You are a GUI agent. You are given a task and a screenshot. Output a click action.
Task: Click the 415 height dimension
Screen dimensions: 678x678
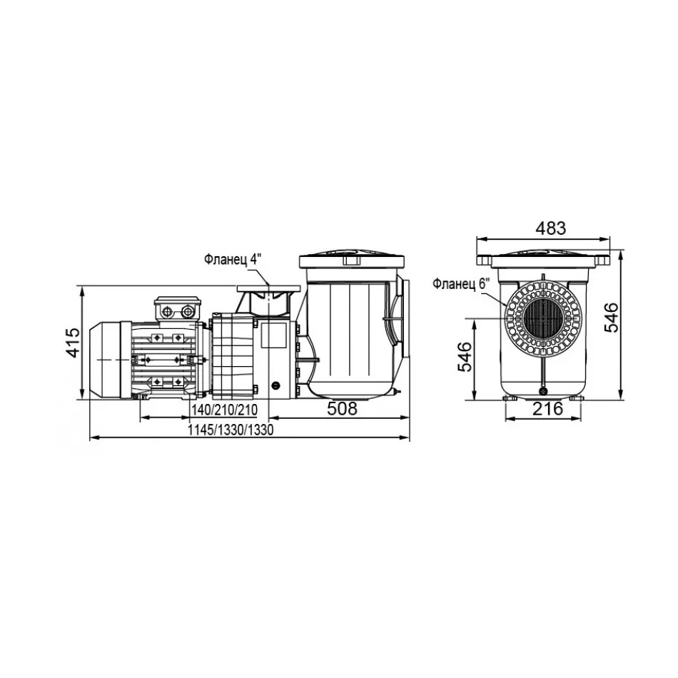[x=73, y=343]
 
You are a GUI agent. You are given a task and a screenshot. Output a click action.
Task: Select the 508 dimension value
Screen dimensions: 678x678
[x=342, y=409]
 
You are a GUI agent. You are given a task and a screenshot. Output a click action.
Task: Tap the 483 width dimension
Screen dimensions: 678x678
[x=550, y=228]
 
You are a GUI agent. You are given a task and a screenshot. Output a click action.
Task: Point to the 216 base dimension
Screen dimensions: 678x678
[x=547, y=409]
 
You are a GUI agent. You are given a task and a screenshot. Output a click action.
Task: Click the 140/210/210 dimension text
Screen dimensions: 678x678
[x=224, y=410]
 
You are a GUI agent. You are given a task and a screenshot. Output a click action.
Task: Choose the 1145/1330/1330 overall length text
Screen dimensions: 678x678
[x=231, y=430]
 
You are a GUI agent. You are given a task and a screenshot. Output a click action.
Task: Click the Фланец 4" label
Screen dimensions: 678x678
[x=233, y=260]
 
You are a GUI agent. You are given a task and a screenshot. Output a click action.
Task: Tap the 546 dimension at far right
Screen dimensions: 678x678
[x=611, y=318]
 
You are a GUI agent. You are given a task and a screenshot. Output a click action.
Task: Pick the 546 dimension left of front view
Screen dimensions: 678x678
[x=465, y=357]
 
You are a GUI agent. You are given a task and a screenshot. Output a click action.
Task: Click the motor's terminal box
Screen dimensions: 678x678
[x=178, y=309]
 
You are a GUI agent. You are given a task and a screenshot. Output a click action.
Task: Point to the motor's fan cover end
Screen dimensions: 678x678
[x=105, y=360]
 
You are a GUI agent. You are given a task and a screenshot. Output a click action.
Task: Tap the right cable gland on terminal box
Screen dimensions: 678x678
[x=188, y=311]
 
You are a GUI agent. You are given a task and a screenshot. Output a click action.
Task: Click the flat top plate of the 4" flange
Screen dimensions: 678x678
[x=268, y=288]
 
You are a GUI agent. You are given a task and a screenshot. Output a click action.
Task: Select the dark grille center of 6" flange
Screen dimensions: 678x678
[x=543, y=318]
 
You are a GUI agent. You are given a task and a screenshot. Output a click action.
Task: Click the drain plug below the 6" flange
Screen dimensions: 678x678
[x=542, y=391]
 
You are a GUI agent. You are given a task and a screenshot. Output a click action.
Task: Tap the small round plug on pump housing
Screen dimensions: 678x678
[x=275, y=385]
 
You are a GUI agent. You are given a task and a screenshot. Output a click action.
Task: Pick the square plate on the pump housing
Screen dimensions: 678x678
[x=273, y=336]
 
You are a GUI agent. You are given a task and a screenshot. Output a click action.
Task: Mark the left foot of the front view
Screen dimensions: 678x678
[x=510, y=398]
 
